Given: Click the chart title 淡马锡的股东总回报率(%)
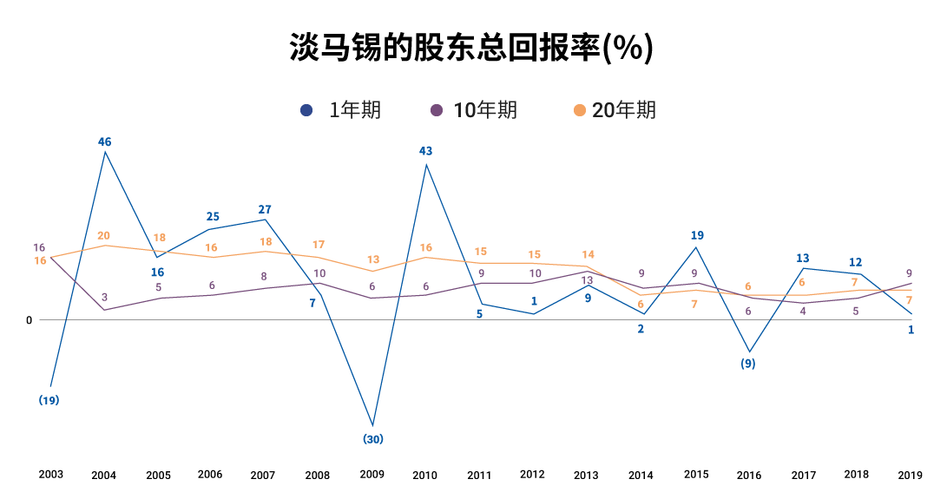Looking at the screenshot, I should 470,49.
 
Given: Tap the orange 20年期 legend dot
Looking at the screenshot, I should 580,110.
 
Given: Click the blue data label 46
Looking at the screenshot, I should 105,141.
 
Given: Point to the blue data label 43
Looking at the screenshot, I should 425,151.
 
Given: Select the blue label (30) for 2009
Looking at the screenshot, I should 372,439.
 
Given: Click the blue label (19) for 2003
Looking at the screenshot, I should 49,400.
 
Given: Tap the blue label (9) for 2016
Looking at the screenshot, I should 747,364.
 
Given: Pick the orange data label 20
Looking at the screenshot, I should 103,236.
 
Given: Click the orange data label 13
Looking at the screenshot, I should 373,259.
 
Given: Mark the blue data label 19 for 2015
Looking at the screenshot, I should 697,235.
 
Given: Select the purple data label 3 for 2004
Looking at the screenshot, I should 104,298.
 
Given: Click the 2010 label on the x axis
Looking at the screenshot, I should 424,475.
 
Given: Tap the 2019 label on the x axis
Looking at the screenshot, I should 910,474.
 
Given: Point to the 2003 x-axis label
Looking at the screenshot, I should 50,474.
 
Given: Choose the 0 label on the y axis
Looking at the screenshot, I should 29,320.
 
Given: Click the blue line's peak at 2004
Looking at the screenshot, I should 105,153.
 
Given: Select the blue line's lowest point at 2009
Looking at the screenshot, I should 373,426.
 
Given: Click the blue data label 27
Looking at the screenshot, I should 265,209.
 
